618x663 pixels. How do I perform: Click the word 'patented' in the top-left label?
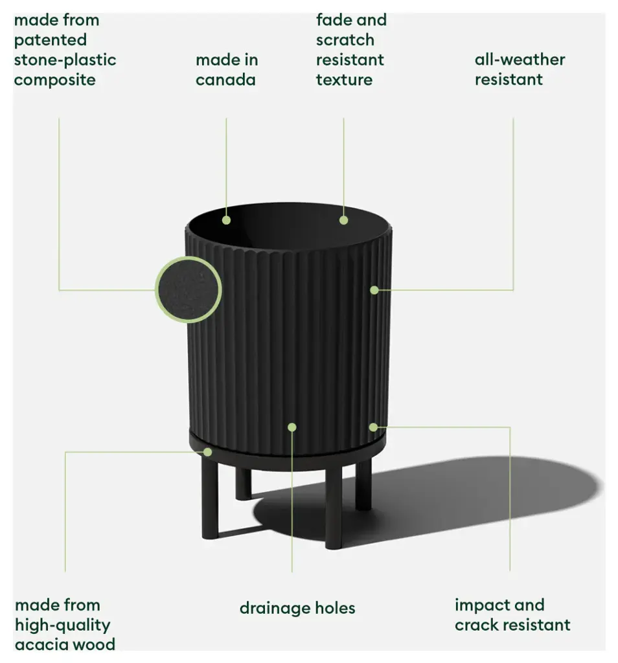tap(51, 39)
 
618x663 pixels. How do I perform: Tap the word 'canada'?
tap(225, 80)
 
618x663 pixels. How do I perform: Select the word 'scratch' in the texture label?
tap(345, 40)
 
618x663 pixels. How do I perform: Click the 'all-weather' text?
tap(520, 60)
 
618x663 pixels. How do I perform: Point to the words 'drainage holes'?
tap(297, 608)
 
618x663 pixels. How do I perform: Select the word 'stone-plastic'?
tap(65, 60)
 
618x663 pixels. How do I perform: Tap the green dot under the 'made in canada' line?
tap(226, 220)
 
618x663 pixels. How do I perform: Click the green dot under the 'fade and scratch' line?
tap(343, 220)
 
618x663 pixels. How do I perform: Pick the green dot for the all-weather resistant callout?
tap(374, 290)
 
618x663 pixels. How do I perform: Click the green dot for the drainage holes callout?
tap(292, 427)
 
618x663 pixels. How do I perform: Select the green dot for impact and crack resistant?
tap(373, 427)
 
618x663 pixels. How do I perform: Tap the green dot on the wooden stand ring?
tap(207, 452)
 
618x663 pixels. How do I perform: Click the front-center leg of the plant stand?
tap(333, 502)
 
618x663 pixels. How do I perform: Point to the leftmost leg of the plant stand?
tap(210, 499)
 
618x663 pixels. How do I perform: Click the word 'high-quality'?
tap(62, 625)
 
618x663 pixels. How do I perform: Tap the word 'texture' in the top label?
tap(344, 80)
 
